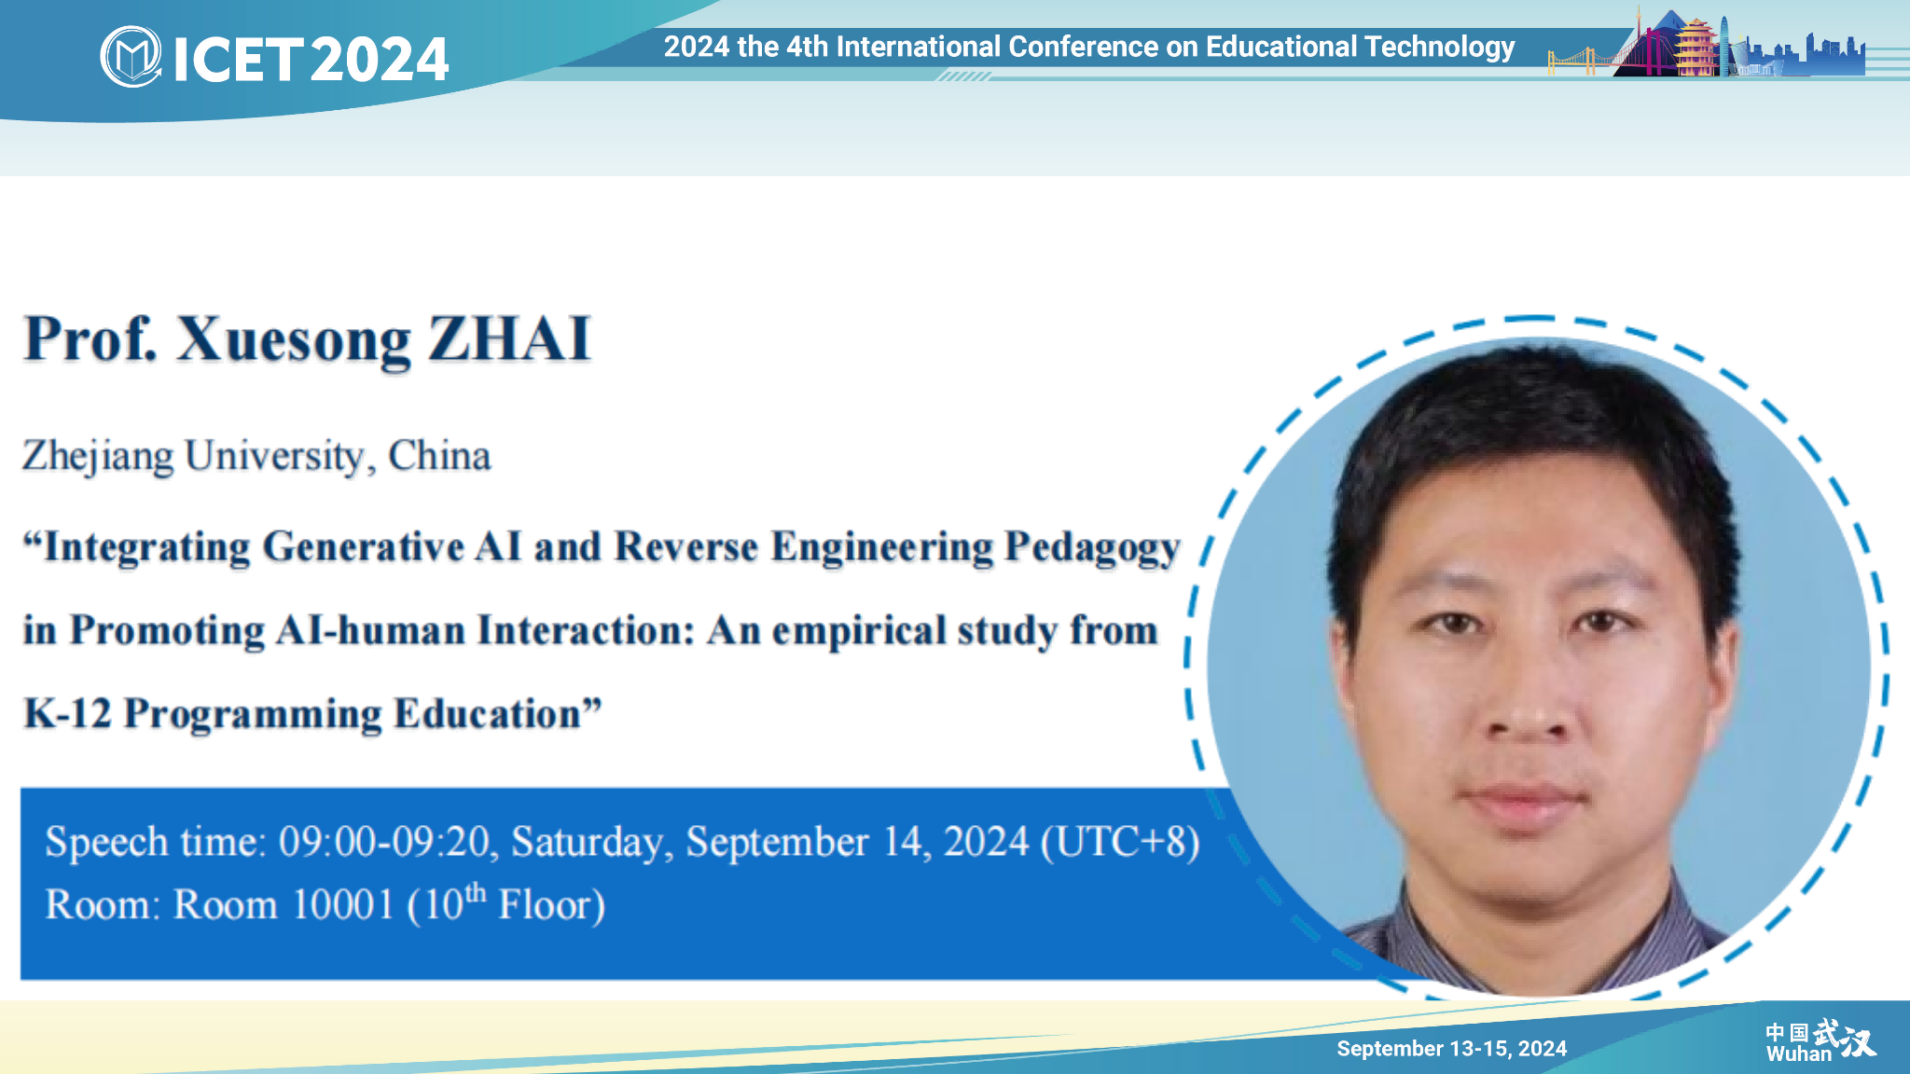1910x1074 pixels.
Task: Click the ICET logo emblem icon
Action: click(131, 57)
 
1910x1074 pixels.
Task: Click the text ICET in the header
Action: click(239, 59)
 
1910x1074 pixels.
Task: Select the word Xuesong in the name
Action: click(294, 340)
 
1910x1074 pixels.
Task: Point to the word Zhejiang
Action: click(98, 457)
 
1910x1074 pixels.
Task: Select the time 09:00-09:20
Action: click(384, 842)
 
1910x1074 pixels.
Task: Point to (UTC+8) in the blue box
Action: click(1120, 842)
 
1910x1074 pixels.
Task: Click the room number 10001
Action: click(343, 905)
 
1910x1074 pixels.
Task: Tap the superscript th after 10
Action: click(476, 893)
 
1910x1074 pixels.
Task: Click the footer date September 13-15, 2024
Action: click(1451, 1049)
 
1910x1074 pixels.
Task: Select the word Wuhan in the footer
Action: click(1798, 1054)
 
